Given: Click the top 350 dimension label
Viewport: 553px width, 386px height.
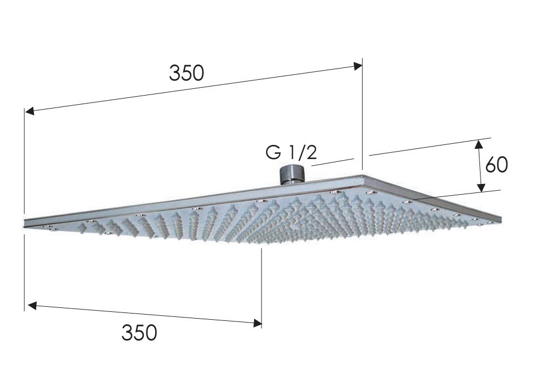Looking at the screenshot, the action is pyautogui.click(x=186, y=73).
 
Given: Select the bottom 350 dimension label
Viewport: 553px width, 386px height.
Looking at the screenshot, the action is pyautogui.click(x=139, y=332).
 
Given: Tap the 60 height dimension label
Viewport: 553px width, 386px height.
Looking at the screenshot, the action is pyautogui.click(x=496, y=165).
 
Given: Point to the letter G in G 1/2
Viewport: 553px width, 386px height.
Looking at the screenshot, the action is pyautogui.click(x=273, y=153).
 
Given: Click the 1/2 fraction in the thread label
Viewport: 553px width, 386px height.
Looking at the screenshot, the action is pyautogui.click(x=303, y=153).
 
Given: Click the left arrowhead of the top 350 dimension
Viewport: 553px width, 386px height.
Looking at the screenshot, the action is pyautogui.click(x=29, y=111).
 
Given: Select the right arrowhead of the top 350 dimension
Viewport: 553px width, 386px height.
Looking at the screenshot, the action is pyautogui.click(x=358, y=66).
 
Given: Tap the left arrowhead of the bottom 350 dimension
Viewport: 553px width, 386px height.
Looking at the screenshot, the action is pyautogui.click(x=32, y=305).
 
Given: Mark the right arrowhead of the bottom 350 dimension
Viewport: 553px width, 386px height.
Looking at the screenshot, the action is pyautogui.click(x=258, y=322).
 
